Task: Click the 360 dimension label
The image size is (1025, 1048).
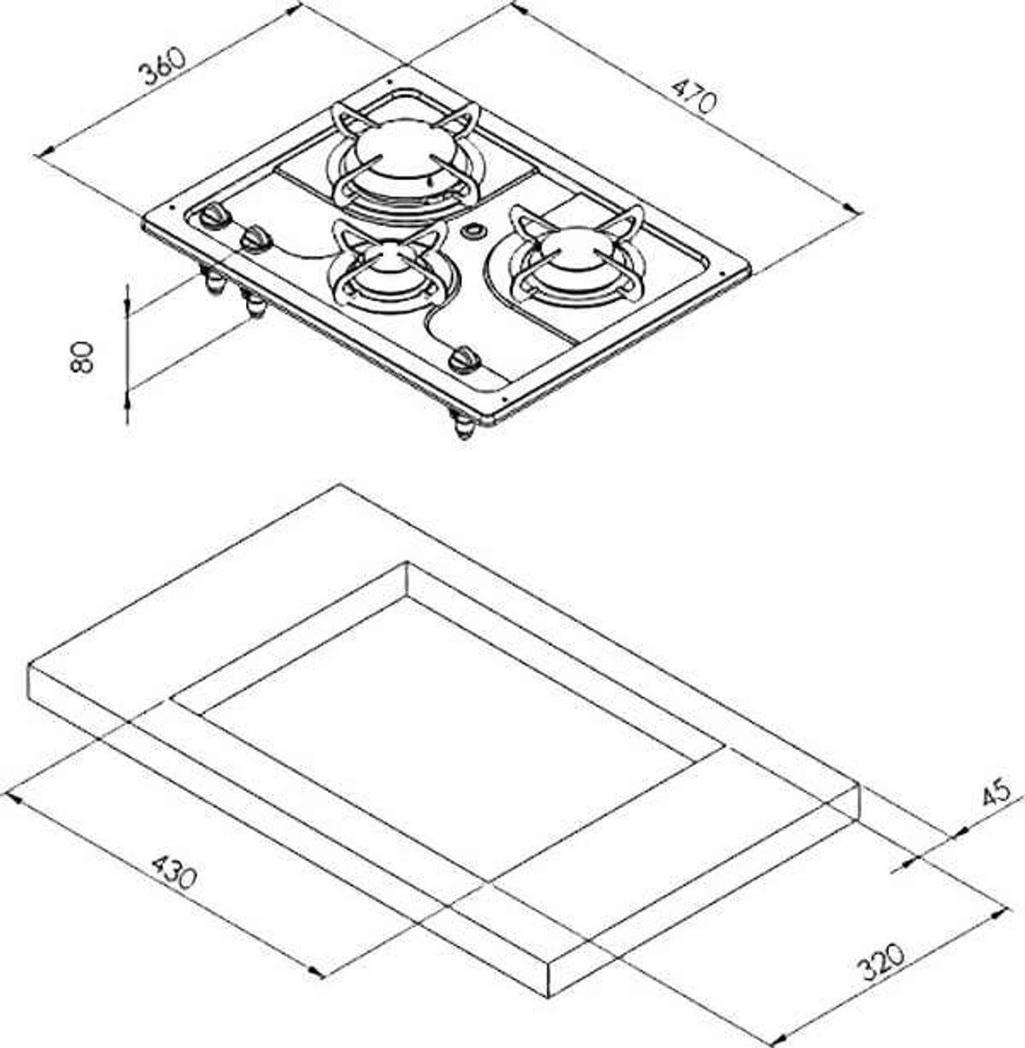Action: [x=162, y=67]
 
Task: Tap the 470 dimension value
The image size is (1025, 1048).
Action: [x=694, y=95]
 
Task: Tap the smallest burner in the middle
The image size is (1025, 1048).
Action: [x=390, y=270]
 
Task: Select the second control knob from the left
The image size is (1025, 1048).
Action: [x=256, y=239]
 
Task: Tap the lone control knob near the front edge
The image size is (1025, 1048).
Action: [x=465, y=359]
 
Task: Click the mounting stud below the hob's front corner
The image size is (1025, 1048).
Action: [x=463, y=426]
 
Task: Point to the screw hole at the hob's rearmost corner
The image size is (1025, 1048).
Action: [x=389, y=82]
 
